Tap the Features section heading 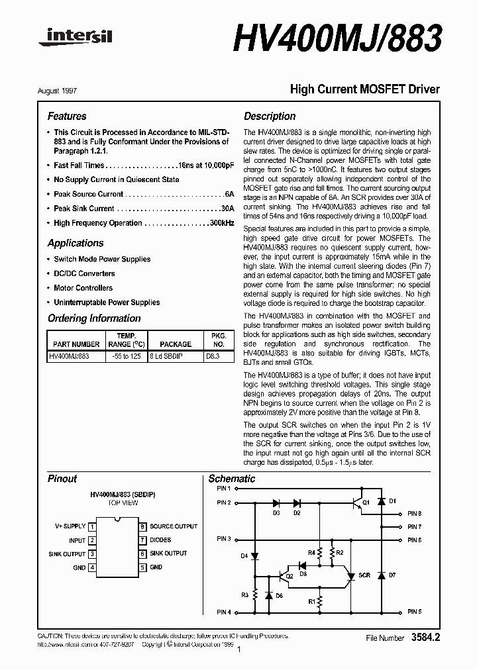pos(67,116)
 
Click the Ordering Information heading pos(94,318)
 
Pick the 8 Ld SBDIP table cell pos(176,356)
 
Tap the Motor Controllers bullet pos(83,288)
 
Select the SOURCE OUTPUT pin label pos(173,526)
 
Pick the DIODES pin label pos(161,540)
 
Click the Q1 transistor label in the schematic pos(366,502)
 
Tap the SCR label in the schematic pos(364,575)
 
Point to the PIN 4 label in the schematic pos(223,612)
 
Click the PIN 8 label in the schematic pos(414,514)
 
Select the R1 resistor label pos(312,600)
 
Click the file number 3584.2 pos(425,638)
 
